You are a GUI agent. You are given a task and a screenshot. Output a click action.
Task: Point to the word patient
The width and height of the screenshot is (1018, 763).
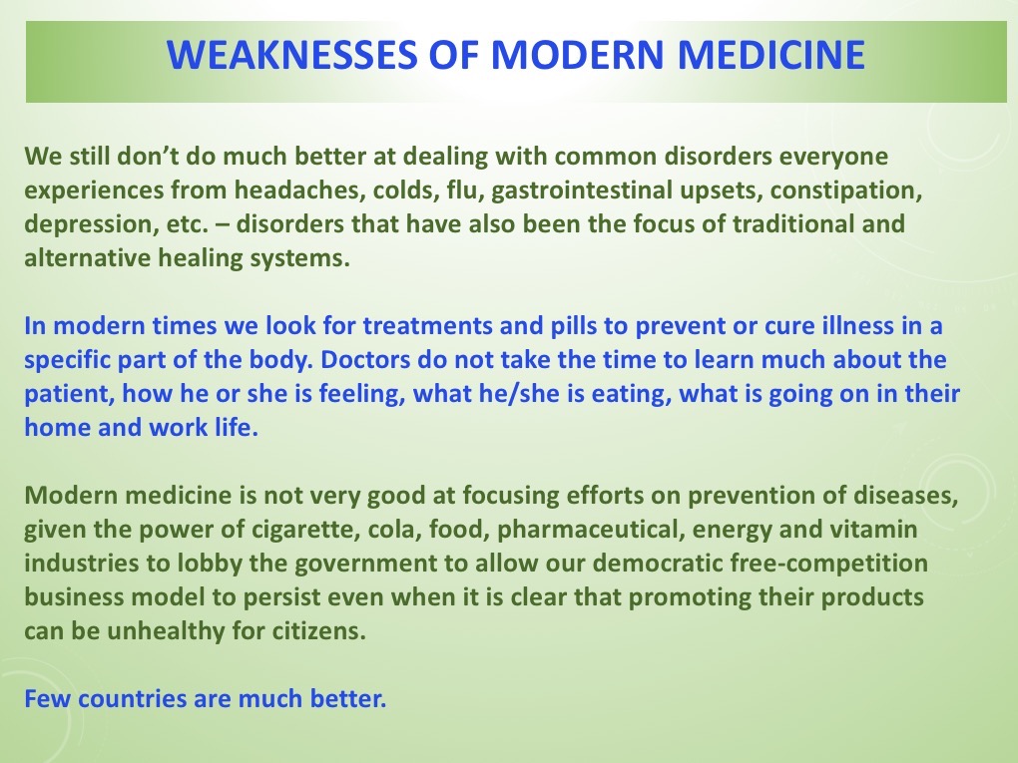click(x=63, y=393)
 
